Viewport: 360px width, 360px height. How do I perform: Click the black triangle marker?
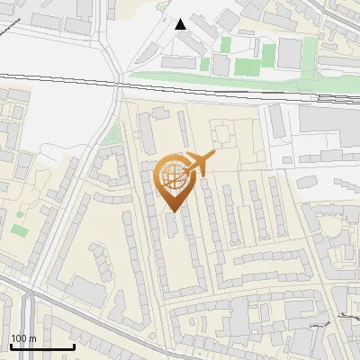pyautogui.click(x=181, y=24)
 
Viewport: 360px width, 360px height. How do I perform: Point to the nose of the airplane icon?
pyautogui.click(x=213, y=156)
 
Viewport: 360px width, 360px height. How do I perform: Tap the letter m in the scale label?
pyautogui.click(x=33, y=337)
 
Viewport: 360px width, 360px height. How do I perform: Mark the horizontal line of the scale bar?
pyautogui.click(x=41, y=346)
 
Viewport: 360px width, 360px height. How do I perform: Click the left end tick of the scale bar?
pyautogui.click(x=11, y=345)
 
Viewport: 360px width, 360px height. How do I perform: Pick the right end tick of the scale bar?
pyautogui.click(x=73, y=345)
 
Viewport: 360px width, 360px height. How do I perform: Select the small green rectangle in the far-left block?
pyautogui.click(x=20, y=230)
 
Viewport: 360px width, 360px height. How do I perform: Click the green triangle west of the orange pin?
pyautogui.click(x=112, y=136)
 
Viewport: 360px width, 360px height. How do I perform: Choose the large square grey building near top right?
pyautogui.click(x=290, y=53)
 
